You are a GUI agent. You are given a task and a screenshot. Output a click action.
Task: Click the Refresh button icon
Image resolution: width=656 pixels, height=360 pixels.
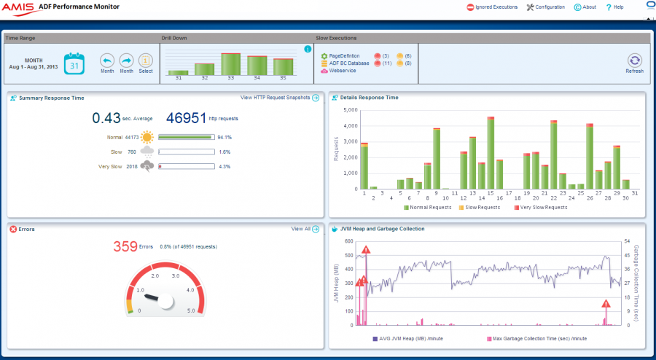pos(634,61)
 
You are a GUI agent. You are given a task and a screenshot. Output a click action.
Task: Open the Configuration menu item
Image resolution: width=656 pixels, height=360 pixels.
pos(545,7)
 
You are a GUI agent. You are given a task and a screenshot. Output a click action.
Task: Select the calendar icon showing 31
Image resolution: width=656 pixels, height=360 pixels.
pos(74,63)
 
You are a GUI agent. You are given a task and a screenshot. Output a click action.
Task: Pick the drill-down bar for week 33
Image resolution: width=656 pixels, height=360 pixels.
pos(231,64)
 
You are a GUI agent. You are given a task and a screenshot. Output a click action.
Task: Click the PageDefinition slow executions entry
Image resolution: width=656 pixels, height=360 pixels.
pos(344,56)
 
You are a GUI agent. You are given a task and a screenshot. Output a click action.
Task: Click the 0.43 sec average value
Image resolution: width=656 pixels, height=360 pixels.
pos(106,117)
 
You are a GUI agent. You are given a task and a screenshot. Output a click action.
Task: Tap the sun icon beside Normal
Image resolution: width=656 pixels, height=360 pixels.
pos(147,136)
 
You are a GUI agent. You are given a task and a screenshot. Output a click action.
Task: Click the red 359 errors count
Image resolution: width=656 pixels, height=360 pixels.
pos(125,247)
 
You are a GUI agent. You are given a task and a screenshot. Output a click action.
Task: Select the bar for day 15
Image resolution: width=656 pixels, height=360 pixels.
pos(491,153)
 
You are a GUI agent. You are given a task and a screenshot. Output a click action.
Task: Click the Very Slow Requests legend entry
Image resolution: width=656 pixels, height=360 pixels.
pos(542,208)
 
